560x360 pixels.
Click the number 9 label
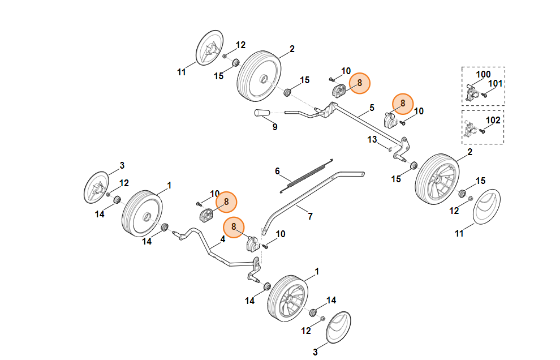click(275, 127)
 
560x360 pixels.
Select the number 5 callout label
click(372, 107)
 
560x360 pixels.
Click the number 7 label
click(310, 216)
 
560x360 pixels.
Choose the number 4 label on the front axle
click(223, 239)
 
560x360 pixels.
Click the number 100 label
click(483, 75)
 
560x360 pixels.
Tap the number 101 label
click(496, 84)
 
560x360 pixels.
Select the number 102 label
click(493, 120)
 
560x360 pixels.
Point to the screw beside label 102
click(482, 131)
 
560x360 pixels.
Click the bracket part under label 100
click(472, 92)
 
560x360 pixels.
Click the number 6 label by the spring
click(278, 171)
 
